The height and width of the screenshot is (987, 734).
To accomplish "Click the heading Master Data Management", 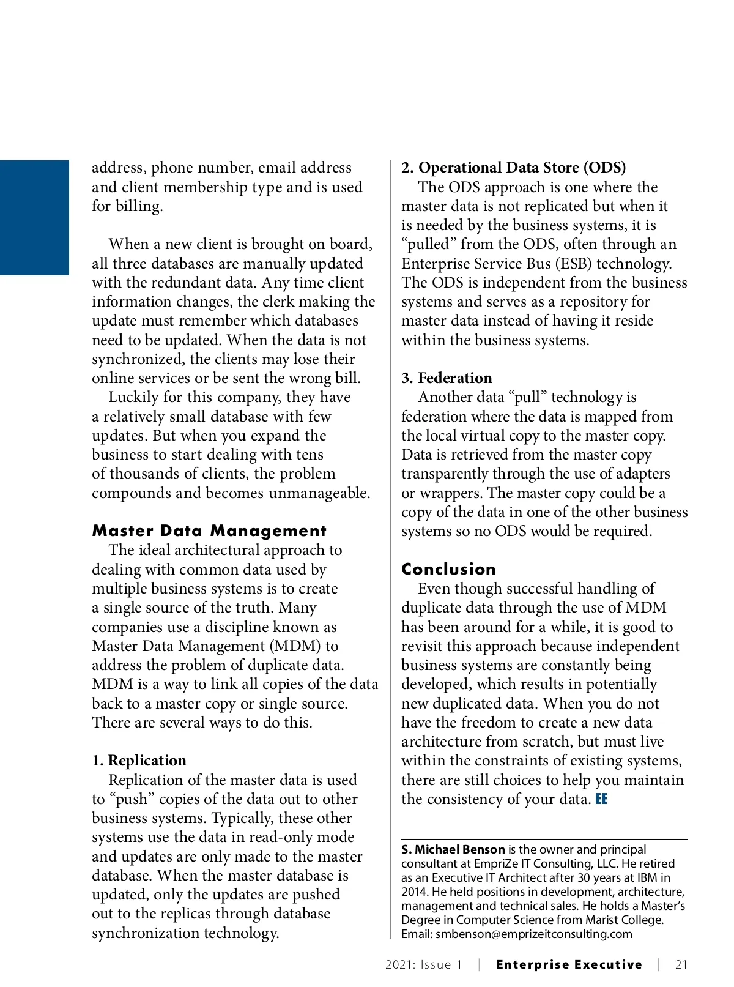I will click(209, 531).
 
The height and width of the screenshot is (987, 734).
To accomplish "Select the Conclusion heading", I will click(448, 569).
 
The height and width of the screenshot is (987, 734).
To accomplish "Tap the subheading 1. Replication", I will click(139, 761).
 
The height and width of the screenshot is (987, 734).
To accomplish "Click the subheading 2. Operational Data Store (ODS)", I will click(513, 168).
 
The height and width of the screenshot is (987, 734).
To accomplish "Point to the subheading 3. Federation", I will click(447, 378).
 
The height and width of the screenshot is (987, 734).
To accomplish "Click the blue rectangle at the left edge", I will click(34, 217).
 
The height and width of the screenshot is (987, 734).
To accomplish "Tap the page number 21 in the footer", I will click(681, 965).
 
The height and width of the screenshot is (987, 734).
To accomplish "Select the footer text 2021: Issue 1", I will click(424, 965).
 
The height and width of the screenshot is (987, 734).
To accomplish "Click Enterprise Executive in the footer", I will click(569, 965).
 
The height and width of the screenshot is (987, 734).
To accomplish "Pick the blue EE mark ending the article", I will click(601, 799).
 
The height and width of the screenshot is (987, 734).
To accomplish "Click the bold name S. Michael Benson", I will click(453, 849).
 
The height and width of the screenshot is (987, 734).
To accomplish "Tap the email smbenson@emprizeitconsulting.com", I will click(533, 934).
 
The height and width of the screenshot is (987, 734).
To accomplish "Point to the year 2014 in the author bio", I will click(414, 892).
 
